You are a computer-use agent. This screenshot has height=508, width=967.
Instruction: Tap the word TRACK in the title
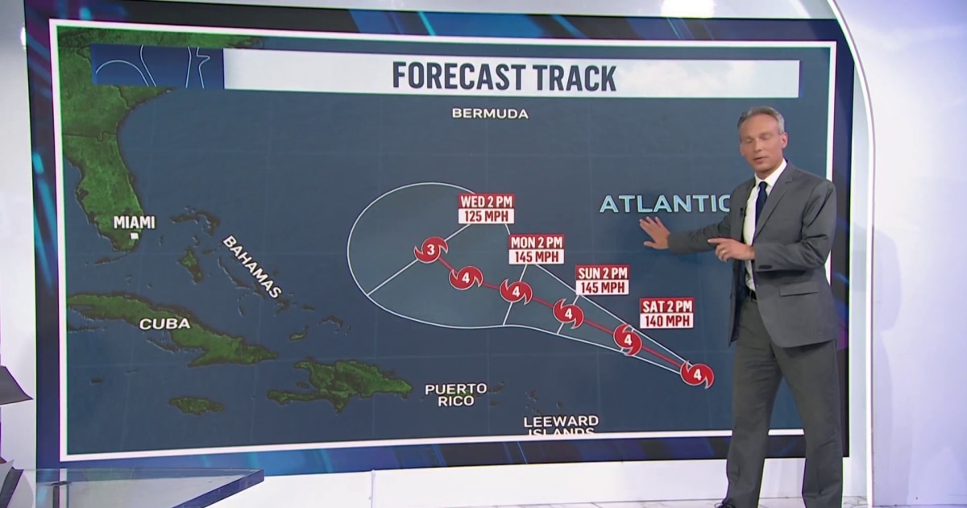point(574,77)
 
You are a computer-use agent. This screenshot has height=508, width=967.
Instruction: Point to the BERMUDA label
point(490,114)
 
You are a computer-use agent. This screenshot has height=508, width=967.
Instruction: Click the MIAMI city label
point(135,222)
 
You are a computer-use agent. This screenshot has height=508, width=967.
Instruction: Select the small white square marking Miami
point(135,235)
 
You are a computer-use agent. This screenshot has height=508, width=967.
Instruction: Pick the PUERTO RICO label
point(456,394)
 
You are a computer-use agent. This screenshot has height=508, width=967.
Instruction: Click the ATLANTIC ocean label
point(664,204)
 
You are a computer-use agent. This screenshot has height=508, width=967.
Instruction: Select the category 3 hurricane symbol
point(431,251)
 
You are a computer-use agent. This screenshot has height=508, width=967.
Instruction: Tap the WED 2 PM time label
point(486,202)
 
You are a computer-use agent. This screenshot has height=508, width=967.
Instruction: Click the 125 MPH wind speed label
point(486,216)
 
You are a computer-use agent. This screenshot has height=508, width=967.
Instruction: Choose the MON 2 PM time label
point(537,242)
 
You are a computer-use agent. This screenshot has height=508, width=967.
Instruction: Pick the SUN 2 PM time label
point(602,273)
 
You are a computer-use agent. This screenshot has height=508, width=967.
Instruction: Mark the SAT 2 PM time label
point(666,306)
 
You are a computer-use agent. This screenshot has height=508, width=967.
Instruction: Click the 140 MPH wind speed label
point(666,320)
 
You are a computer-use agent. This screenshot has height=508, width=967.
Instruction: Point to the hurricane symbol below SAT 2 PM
point(628,339)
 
